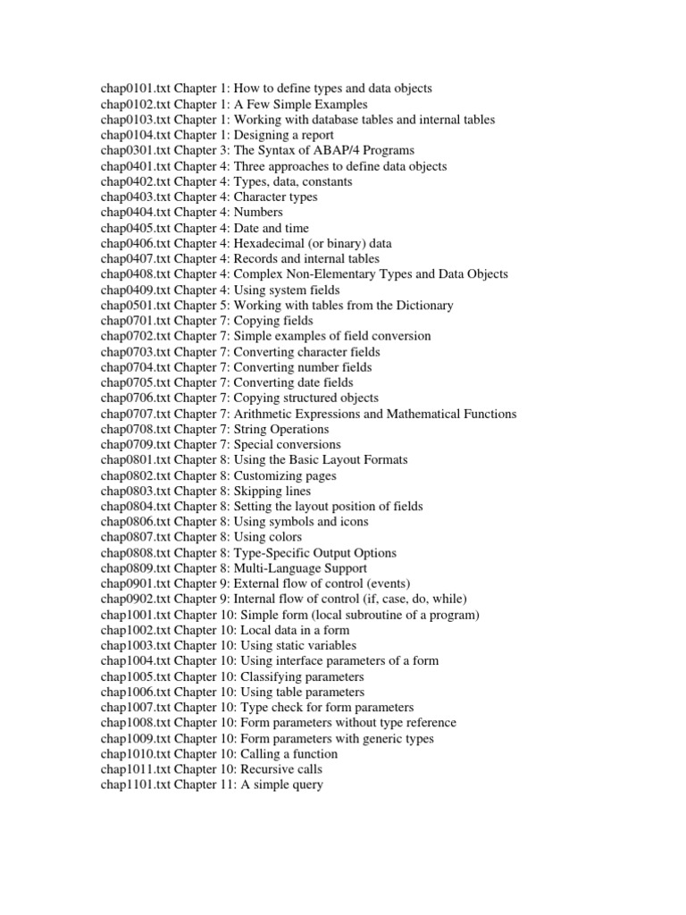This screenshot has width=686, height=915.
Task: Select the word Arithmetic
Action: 265,414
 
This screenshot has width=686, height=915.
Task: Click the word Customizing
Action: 270,475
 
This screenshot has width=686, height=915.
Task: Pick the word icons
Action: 353,522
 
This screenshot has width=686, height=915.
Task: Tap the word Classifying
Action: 276,676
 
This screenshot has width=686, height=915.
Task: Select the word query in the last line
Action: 306,785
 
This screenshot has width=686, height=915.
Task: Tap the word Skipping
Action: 259,491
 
